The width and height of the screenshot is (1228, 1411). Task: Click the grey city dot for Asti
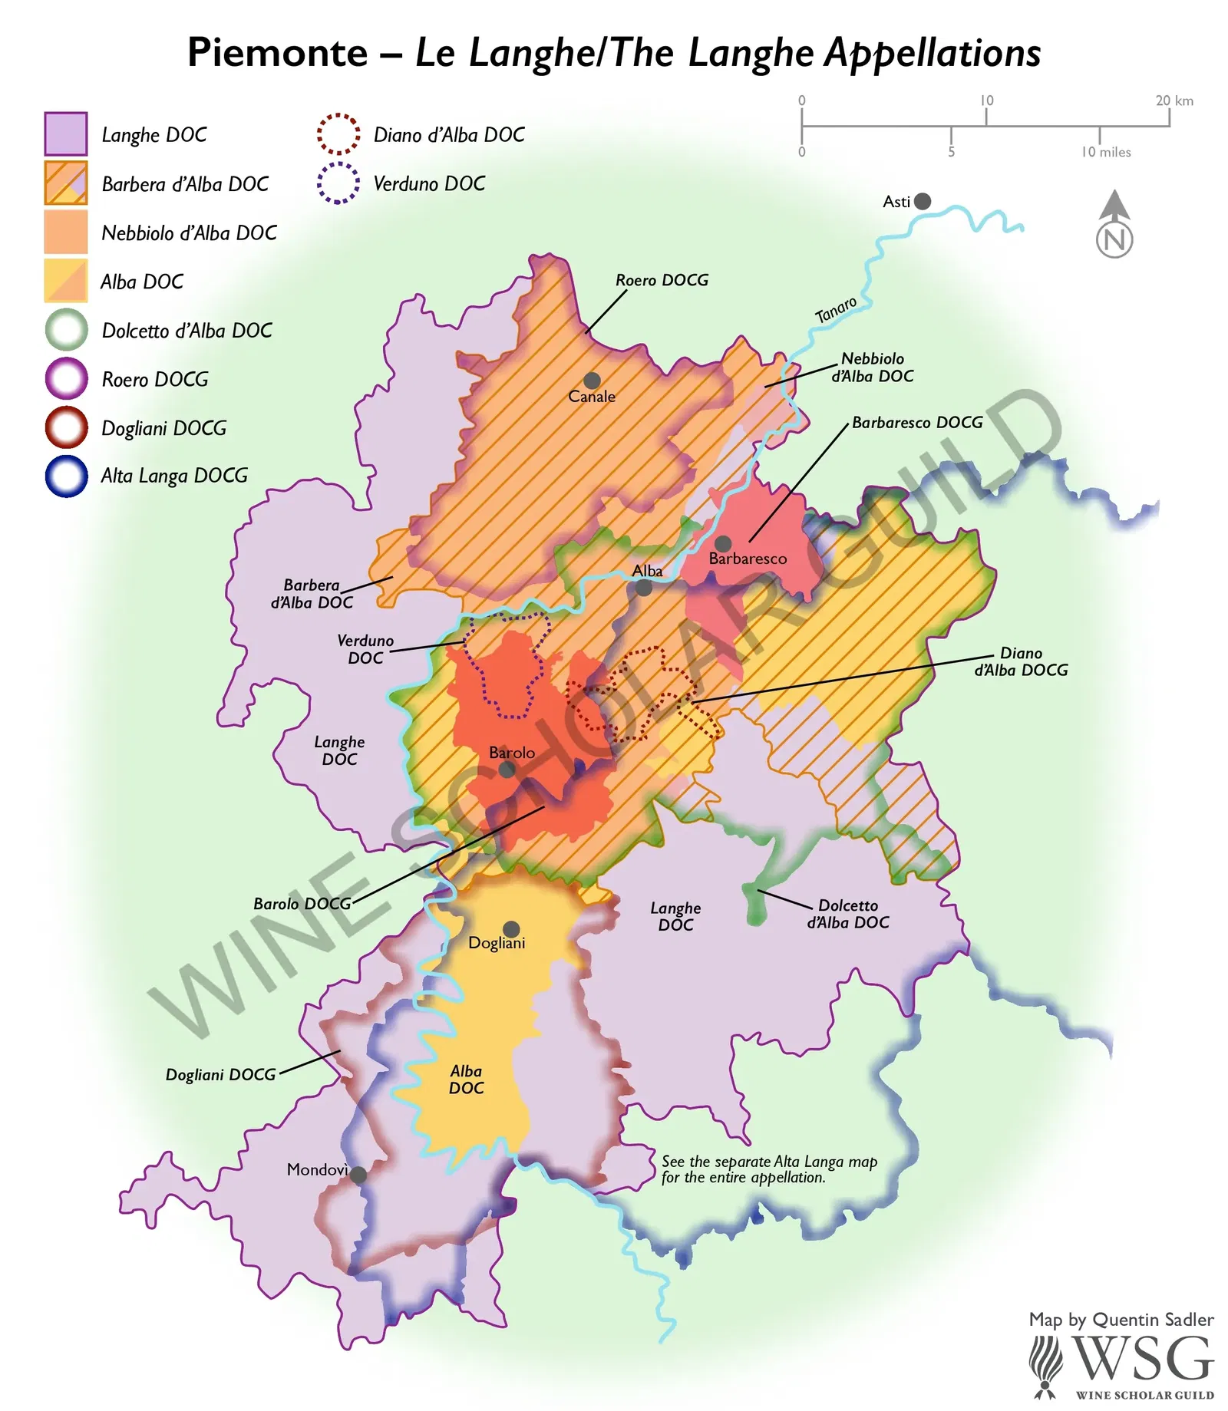[x=923, y=201]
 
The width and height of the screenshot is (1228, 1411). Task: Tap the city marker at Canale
[x=591, y=381]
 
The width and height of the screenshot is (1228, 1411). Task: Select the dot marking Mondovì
[x=358, y=1175]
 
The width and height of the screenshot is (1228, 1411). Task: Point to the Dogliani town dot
[x=511, y=929]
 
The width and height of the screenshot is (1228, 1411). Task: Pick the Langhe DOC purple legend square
[x=66, y=134]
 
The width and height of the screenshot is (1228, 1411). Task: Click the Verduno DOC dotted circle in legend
[x=338, y=183]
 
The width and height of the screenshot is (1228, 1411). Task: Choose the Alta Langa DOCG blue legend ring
[x=67, y=476]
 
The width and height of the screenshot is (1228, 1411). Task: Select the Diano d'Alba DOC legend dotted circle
[x=338, y=134]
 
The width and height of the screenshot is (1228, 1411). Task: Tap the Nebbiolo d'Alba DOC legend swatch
[x=66, y=232]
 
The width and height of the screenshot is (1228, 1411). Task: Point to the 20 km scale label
[x=1174, y=101]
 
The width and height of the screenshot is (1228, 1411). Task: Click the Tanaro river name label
[x=836, y=310]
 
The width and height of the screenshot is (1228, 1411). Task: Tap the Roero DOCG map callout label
[x=662, y=280]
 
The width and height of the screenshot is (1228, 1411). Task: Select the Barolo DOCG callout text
[x=302, y=904]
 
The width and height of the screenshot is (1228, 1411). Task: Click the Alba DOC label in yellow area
[x=466, y=1079]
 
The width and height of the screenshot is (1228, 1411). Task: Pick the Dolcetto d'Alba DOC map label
[x=847, y=914]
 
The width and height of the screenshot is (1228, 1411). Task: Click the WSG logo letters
[x=1144, y=1358]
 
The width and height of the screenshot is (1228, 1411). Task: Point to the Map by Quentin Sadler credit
[x=1121, y=1320]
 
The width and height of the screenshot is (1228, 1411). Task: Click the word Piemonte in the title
[x=278, y=52]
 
